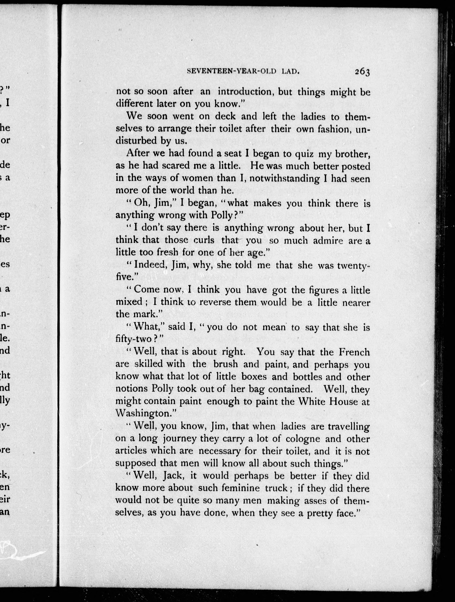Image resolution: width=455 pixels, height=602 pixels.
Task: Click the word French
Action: [354, 352]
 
